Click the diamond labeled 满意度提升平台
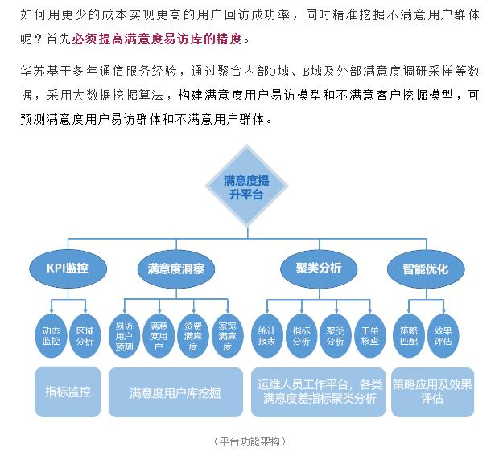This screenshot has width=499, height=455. (246, 187)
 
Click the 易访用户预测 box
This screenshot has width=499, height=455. (124, 336)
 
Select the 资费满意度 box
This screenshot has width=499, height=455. (192, 336)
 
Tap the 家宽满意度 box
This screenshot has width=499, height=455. (226, 336)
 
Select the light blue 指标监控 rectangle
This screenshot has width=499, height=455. (68, 391)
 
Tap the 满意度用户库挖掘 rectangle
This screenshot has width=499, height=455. (175, 392)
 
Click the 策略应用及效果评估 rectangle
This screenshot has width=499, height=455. (432, 391)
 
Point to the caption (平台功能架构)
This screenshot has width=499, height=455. (250, 441)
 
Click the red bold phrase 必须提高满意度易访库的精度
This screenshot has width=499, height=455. (160, 39)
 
